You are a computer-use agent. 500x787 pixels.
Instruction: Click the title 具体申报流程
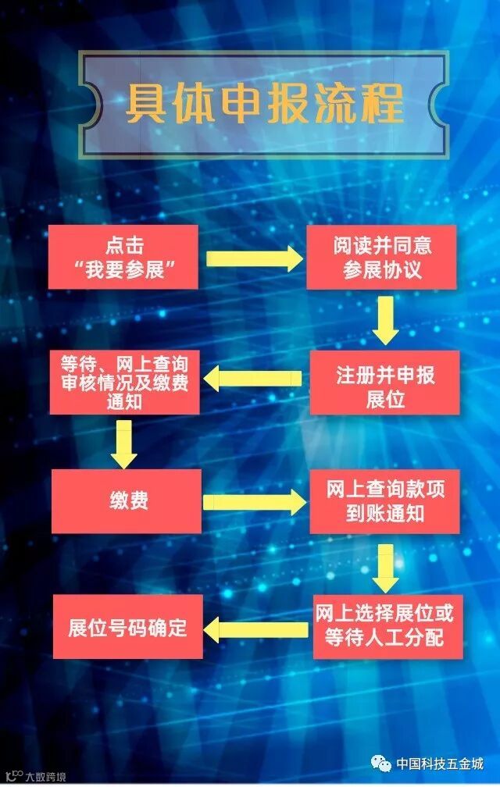click(265, 103)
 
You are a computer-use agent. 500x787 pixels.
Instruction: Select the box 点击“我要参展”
click(123, 257)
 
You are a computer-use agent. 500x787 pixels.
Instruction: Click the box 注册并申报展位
click(384, 382)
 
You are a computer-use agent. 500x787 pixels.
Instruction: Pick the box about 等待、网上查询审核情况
click(124, 382)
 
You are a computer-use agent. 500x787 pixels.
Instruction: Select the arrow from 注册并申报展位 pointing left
click(253, 379)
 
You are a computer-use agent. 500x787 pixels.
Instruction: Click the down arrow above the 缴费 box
click(124, 443)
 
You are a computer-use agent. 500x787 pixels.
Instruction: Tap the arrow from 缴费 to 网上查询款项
click(255, 502)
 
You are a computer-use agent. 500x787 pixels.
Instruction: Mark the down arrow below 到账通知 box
click(385, 568)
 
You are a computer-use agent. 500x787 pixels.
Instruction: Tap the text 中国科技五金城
click(439, 764)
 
